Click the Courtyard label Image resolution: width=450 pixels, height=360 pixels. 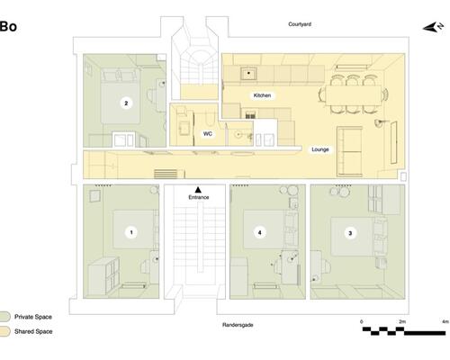[x=300, y=24]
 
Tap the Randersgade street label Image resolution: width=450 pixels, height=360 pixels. [x=238, y=325]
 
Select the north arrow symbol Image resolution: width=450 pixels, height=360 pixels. [x=433, y=27]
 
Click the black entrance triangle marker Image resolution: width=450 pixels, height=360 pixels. [x=198, y=190]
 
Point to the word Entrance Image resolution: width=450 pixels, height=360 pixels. [x=199, y=197]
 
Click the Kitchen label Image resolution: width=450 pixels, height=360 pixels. [x=262, y=95]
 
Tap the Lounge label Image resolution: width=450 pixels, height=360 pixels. [x=320, y=149]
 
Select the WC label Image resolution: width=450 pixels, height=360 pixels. [x=208, y=134]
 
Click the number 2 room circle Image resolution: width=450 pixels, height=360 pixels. [x=126, y=103]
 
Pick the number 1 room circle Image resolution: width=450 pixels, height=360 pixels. [x=131, y=232]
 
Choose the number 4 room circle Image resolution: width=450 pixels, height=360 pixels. [x=260, y=232]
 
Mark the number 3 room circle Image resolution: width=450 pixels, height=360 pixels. [x=350, y=233]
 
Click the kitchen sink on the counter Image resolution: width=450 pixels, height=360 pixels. [x=248, y=74]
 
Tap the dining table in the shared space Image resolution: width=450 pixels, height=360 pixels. [x=354, y=95]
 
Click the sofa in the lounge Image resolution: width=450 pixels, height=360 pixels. [x=349, y=151]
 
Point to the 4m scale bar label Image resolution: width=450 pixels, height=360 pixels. [x=445, y=321]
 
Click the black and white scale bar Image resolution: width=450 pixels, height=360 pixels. [x=404, y=331]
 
